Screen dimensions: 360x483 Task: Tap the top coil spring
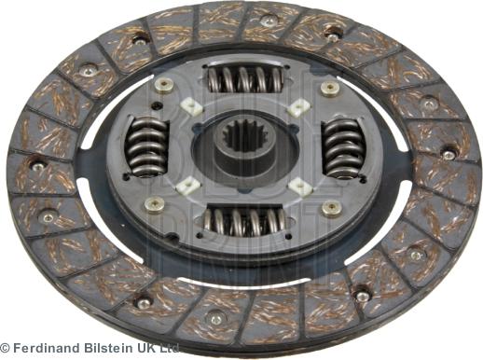click(x=244, y=80)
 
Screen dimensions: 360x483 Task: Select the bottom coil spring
click(x=245, y=222)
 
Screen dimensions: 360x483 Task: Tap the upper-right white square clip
click(x=297, y=107)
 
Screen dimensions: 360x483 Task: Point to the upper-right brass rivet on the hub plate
click(x=329, y=89)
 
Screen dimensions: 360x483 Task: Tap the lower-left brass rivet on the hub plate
click(x=156, y=202)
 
